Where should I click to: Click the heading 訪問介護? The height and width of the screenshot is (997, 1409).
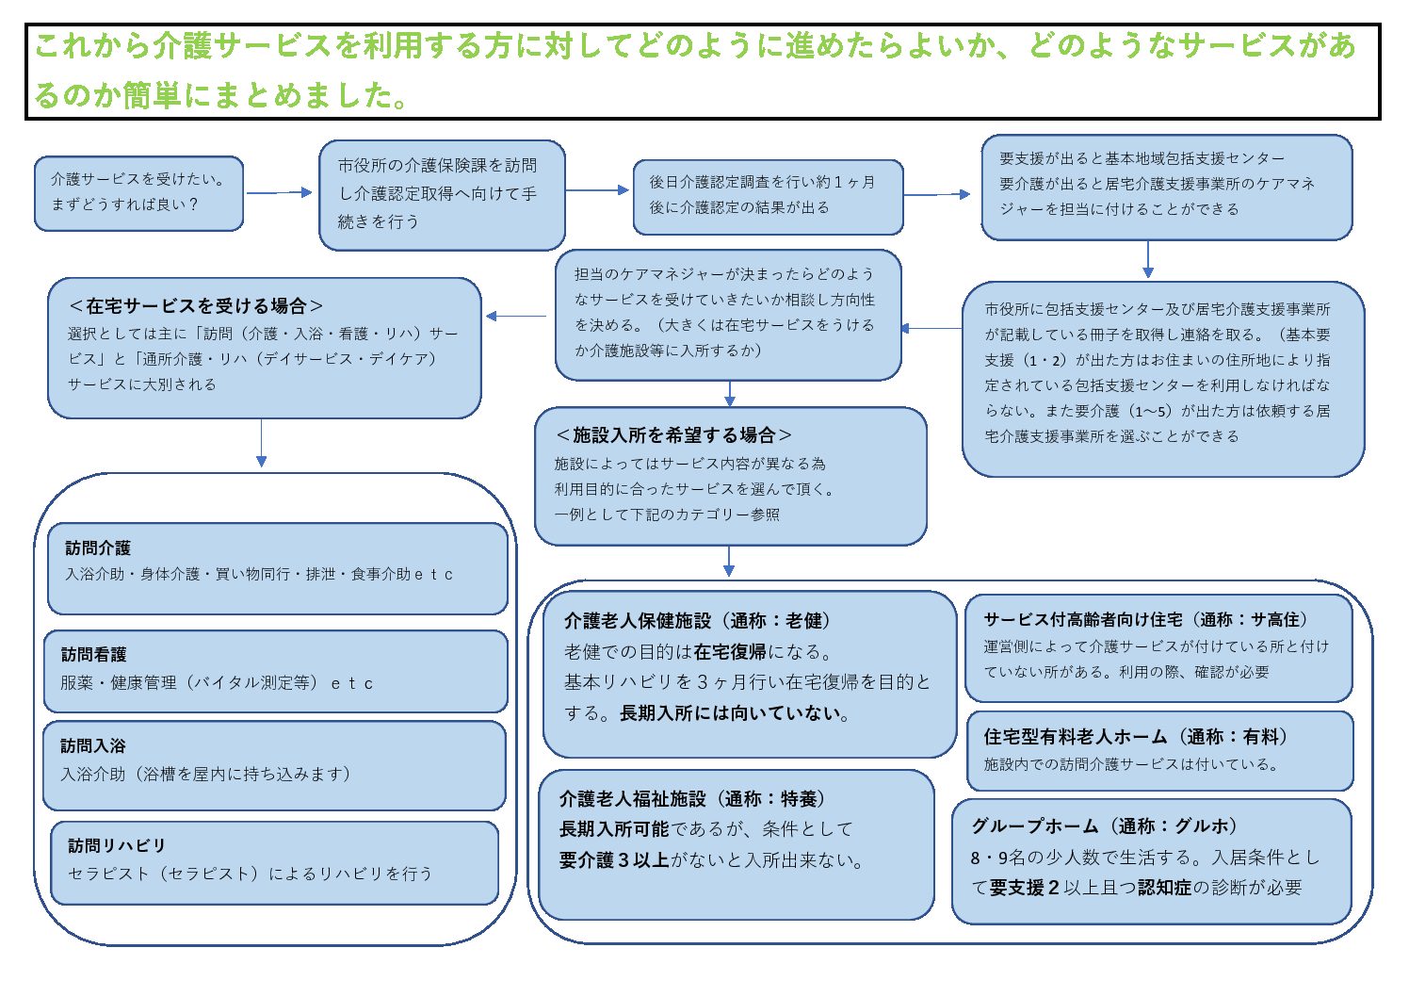click(x=98, y=548)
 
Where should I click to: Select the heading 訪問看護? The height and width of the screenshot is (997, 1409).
click(x=93, y=655)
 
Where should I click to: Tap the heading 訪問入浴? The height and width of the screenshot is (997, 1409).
click(x=93, y=746)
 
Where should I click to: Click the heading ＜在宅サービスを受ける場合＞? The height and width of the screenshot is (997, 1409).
click(x=196, y=306)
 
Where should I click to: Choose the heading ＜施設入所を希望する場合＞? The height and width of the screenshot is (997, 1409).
click(x=673, y=435)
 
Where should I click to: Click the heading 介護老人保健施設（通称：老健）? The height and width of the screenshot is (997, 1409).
click(x=698, y=621)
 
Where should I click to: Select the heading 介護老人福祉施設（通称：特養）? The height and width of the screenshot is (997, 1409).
click(x=694, y=799)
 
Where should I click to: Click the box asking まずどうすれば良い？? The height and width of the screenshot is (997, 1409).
click(x=138, y=193)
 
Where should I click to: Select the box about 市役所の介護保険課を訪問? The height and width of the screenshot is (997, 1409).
click(x=442, y=194)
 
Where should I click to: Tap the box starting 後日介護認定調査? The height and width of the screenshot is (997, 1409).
click(x=768, y=196)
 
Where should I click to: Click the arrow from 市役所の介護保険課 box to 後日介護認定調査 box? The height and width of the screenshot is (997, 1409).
click(x=598, y=190)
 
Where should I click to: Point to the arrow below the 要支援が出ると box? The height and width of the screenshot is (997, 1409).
click(x=1147, y=259)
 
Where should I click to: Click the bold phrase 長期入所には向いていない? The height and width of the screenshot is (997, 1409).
click(x=734, y=713)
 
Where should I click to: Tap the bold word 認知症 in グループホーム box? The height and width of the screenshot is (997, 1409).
click(x=1164, y=888)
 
